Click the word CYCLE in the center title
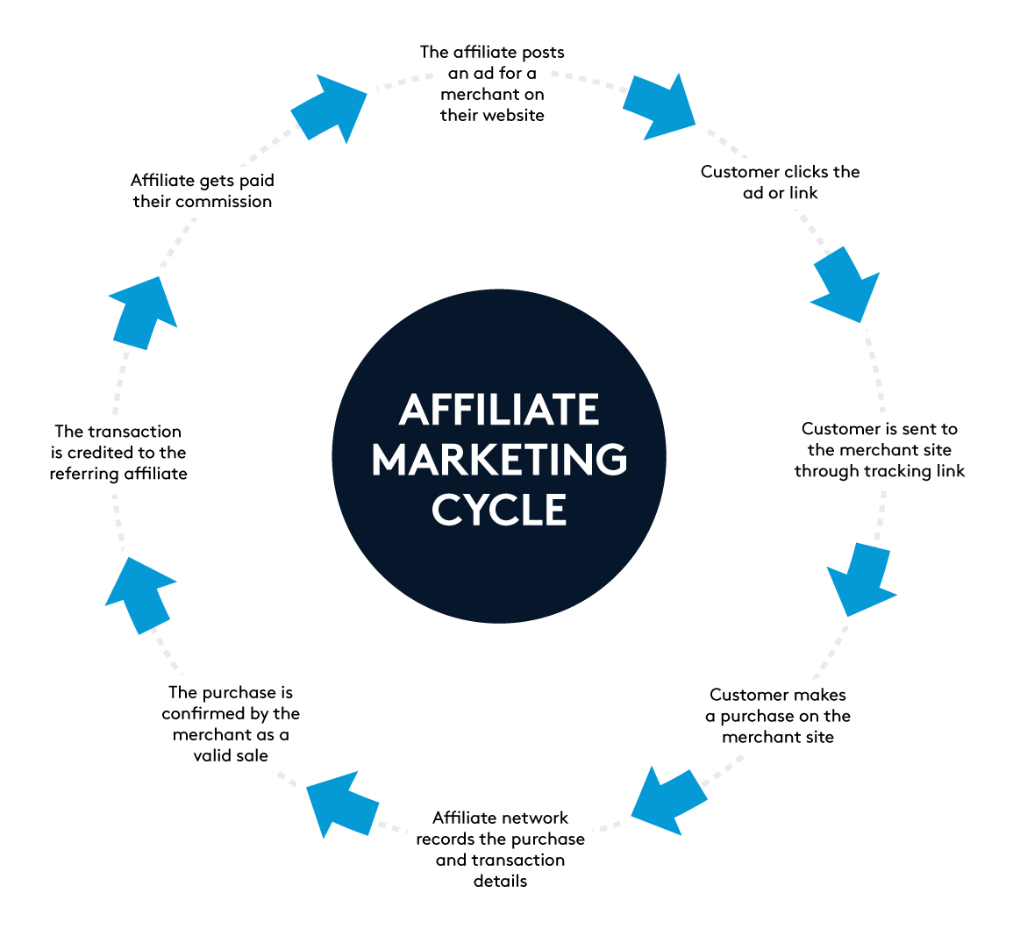tap(499, 510)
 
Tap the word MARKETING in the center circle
tap(499, 460)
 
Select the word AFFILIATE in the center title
tap(499, 410)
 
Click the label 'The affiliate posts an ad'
tap(492, 84)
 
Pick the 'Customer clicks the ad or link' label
tap(780, 182)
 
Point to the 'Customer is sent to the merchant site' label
tap(880, 450)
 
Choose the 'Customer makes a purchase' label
tap(778, 716)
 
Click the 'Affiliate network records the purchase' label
tap(500, 849)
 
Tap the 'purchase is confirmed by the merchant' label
tap(231, 724)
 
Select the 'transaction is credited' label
tap(118, 453)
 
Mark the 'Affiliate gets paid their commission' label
tap(203, 191)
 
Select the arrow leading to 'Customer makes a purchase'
tap(859, 582)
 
